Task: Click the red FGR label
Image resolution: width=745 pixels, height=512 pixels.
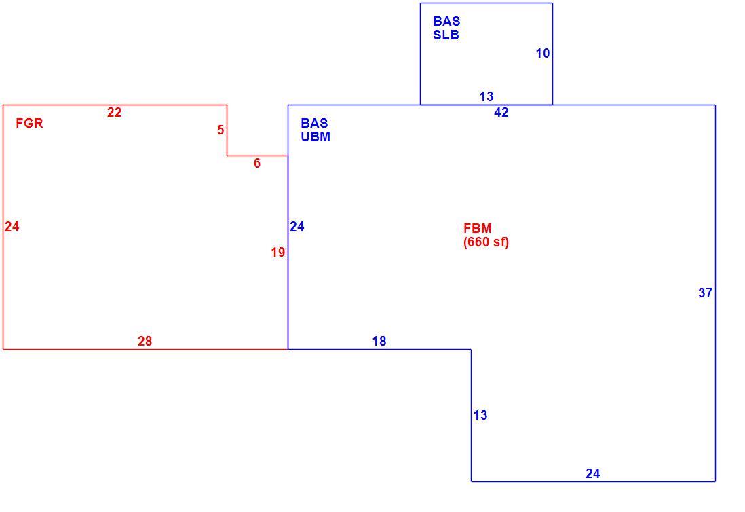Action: point(29,123)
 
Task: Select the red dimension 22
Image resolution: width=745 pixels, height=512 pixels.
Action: point(114,112)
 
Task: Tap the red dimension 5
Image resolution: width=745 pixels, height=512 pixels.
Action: point(221,130)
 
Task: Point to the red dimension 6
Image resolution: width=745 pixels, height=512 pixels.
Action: point(257,164)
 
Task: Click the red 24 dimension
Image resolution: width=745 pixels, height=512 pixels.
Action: point(12,226)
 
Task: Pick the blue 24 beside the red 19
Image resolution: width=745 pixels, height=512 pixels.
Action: point(297,226)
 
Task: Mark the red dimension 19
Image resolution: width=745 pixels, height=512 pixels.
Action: point(278,253)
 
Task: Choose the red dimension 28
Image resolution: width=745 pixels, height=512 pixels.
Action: point(145,341)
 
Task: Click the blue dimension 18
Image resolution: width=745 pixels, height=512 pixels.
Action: point(379,341)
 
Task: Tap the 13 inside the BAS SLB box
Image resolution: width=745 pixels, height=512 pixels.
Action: point(486,96)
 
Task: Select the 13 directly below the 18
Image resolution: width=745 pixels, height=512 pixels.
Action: point(480,415)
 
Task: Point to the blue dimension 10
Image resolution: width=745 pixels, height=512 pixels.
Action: point(543,53)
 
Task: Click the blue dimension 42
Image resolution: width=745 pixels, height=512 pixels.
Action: point(501,112)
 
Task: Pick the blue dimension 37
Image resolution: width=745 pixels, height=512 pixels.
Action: point(706,293)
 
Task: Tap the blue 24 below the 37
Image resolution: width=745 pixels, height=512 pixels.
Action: point(593,473)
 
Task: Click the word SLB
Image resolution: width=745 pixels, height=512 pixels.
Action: point(446,35)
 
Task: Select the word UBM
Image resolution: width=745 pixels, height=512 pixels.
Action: point(316,136)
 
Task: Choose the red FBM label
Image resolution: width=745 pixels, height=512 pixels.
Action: point(478,228)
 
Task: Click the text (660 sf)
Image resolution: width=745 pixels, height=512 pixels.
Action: point(486,242)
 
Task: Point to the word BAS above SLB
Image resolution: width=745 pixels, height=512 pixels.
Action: point(446,22)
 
